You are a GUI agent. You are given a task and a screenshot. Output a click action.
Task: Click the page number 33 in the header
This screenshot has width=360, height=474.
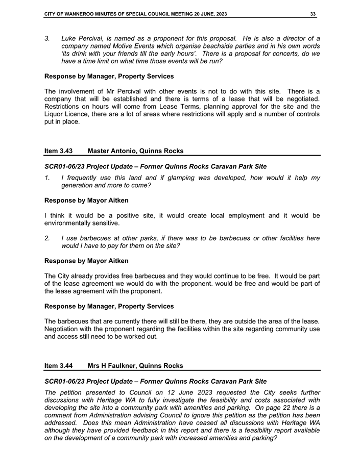[313, 14]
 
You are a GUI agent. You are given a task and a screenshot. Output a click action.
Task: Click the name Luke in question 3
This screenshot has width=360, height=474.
[69, 38]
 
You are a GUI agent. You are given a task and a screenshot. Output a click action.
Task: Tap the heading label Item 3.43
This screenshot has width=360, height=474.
[58, 151]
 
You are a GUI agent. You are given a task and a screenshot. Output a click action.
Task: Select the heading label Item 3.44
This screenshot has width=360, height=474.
[58, 366]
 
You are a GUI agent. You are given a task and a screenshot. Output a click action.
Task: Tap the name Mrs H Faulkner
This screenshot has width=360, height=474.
[112, 366]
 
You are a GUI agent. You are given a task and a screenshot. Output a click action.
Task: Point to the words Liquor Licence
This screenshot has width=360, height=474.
[67, 114]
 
